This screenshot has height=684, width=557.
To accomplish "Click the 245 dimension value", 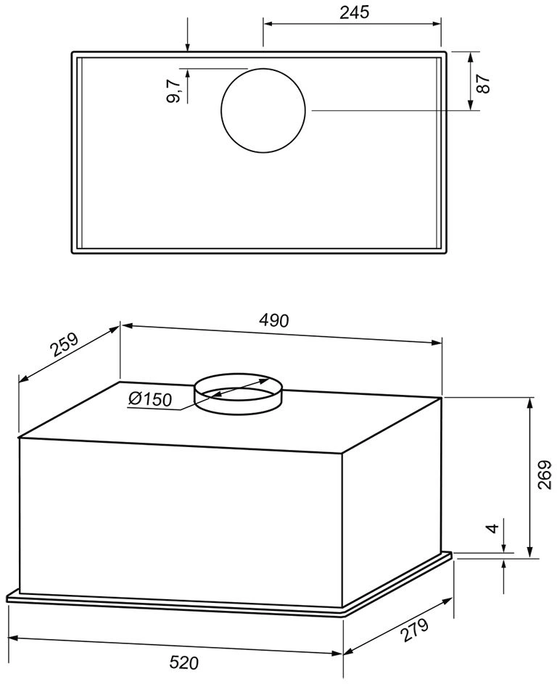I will (x=354, y=12).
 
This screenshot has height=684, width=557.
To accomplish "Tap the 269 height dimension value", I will (x=545, y=475).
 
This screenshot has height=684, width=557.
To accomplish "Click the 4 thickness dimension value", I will (x=494, y=528).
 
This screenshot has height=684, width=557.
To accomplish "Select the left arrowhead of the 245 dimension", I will (x=267, y=23).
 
